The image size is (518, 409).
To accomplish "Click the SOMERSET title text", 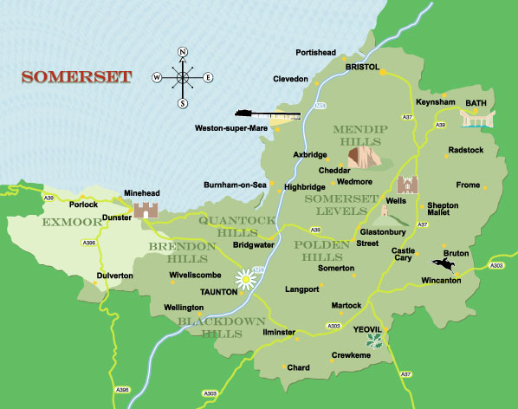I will [76, 77].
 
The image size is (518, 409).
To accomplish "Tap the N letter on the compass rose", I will [183, 52].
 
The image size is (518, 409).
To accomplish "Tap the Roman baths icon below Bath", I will [475, 119].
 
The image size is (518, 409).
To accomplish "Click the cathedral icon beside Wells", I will [408, 185].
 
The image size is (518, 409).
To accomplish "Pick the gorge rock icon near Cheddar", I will [365, 157].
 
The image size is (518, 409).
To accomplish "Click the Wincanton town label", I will [441, 281].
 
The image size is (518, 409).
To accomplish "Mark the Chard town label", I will [298, 368].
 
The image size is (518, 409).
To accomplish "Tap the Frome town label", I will [468, 185].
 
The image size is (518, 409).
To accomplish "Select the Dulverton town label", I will [114, 276].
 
